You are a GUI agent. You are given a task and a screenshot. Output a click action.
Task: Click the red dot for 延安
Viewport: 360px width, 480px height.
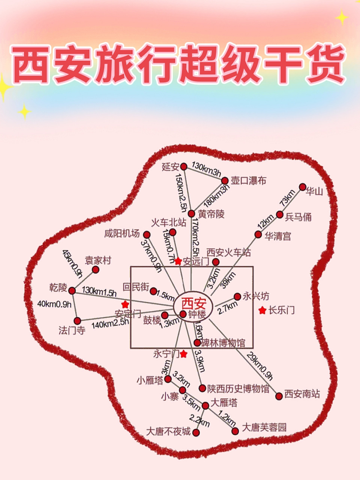(184, 166)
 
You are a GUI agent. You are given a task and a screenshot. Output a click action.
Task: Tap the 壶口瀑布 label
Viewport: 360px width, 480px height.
(248, 181)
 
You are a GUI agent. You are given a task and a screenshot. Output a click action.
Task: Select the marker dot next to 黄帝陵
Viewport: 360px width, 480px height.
(191, 214)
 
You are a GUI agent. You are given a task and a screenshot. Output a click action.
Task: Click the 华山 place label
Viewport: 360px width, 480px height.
(314, 192)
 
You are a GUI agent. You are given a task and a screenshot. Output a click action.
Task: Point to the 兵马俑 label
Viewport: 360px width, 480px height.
(298, 217)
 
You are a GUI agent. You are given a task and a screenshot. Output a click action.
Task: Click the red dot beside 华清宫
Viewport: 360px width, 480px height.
(258, 235)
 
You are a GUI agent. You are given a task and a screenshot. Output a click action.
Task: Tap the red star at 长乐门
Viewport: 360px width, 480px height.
(262, 310)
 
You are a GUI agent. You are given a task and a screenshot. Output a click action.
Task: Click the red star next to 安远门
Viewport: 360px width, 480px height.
(178, 261)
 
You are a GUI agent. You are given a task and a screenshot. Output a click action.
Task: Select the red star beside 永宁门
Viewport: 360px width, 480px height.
(183, 354)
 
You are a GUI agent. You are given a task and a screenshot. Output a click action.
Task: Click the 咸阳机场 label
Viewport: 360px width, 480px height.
(122, 234)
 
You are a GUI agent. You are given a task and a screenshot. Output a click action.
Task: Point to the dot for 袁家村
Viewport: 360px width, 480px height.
(96, 270)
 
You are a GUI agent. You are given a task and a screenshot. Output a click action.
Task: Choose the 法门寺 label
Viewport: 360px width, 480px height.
(72, 330)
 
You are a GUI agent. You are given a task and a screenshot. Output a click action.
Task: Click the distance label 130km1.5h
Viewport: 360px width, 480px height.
(99, 291)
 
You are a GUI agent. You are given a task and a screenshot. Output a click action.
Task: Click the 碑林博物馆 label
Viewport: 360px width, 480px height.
(223, 343)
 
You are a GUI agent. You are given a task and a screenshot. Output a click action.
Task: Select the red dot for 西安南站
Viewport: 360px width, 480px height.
(279, 396)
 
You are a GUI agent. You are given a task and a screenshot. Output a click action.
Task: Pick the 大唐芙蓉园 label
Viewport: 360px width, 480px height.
(264, 427)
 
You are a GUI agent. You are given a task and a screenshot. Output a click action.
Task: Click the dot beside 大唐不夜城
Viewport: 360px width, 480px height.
(196, 432)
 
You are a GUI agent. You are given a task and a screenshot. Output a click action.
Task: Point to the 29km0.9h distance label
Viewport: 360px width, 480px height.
(260, 366)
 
